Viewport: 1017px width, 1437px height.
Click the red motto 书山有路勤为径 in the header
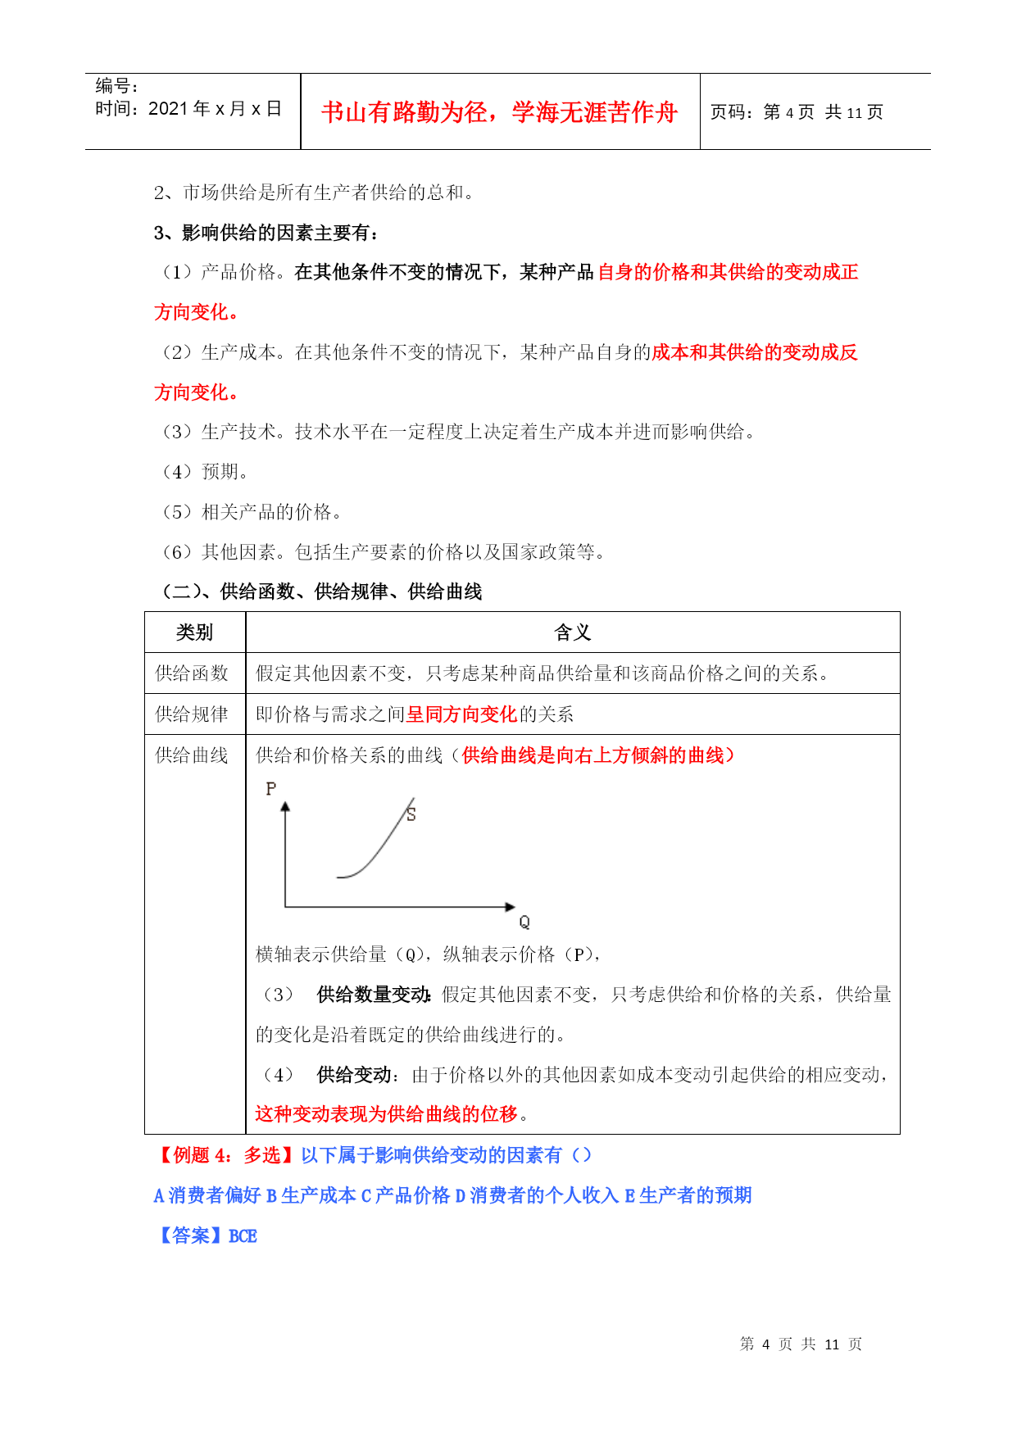click(x=499, y=112)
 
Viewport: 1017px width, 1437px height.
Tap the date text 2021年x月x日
click(x=188, y=109)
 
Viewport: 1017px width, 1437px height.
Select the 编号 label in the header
click(x=116, y=86)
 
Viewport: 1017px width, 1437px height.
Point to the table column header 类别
click(x=194, y=632)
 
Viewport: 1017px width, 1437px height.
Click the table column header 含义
click(x=572, y=632)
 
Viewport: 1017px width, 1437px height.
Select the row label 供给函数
click(x=192, y=673)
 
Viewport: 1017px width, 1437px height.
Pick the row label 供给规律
click(x=192, y=714)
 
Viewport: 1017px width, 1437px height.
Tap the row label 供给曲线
click(x=192, y=755)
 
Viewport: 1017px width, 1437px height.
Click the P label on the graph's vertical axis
click(x=271, y=788)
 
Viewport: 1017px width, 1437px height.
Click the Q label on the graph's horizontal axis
click(x=524, y=922)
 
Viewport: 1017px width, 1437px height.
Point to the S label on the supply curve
click(x=411, y=814)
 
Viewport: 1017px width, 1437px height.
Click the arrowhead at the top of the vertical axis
click(x=285, y=807)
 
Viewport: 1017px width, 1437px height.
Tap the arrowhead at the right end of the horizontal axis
click(x=511, y=907)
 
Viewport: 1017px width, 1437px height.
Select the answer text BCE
click(x=243, y=1236)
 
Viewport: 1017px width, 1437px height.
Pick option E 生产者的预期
click(x=688, y=1196)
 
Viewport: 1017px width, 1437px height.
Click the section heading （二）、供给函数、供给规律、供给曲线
click(x=318, y=592)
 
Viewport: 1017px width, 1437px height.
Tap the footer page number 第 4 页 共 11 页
click(x=801, y=1344)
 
